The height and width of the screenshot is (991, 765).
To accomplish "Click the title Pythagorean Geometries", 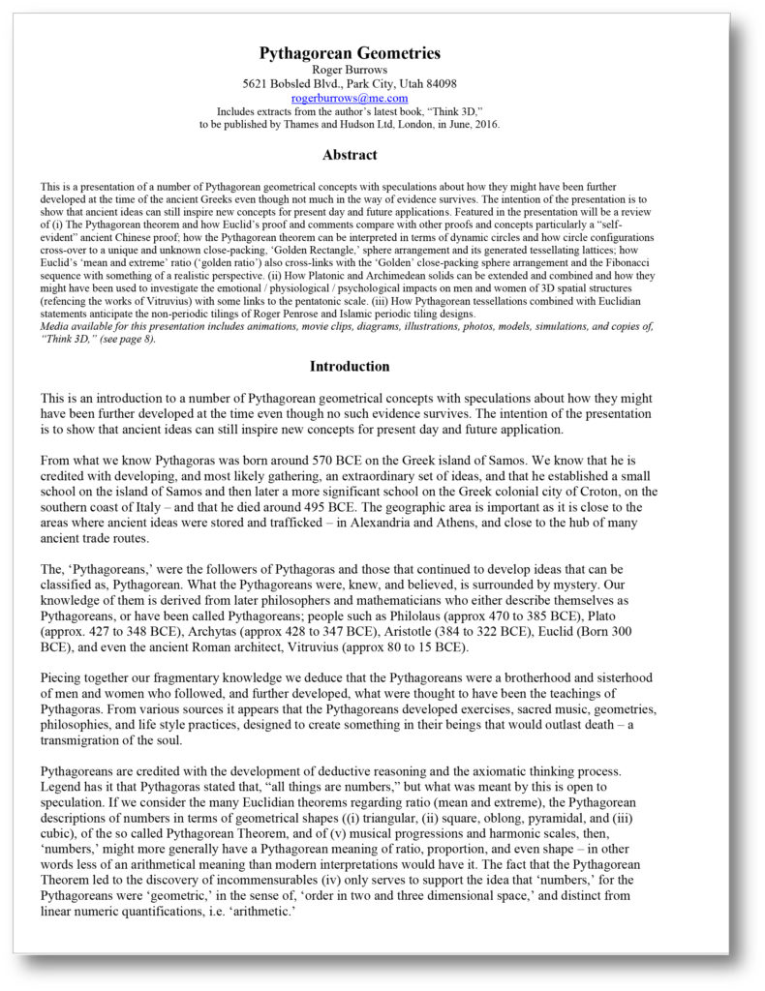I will click(350, 53).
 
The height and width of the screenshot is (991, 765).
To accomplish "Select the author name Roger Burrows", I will click(350, 70).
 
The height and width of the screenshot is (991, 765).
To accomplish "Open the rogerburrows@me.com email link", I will click(350, 98).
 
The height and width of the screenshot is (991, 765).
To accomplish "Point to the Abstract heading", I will click(350, 155).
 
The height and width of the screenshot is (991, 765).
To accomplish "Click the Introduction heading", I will click(350, 367).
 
